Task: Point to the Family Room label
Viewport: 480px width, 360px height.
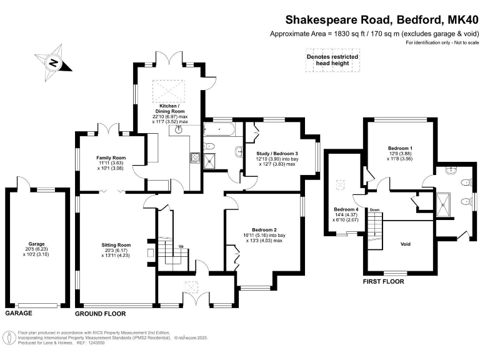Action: (x=111, y=158)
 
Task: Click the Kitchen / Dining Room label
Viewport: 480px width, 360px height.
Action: (x=171, y=110)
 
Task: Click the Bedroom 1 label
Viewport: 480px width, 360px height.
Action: (x=400, y=148)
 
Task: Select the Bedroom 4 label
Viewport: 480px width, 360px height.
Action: (x=346, y=209)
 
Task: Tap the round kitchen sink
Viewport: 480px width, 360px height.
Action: (x=180, y=130)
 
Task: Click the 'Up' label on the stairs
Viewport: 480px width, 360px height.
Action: (x=181, y=246)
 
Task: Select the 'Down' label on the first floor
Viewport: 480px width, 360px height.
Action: (x=374, y=209)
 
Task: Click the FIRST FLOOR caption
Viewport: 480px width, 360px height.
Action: (x=383, y=282)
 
